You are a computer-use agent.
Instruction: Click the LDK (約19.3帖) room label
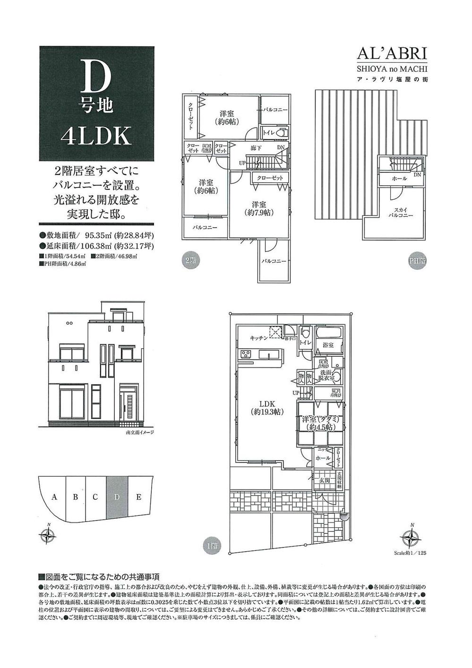click(x=266, y=408)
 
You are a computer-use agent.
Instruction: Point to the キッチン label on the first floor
click(x=259, y=338)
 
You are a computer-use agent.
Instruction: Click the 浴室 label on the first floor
click(x=327, y=345)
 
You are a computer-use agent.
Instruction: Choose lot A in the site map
click(x=55, y=497)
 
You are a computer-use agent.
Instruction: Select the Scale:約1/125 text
click(x=410, y=552)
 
